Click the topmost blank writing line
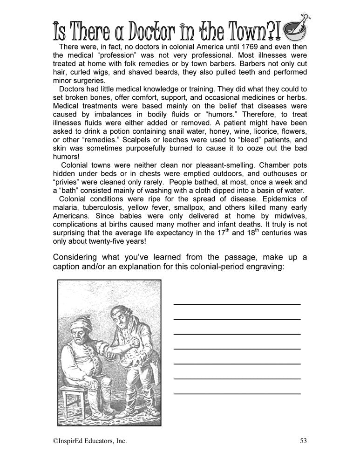click(x=237, y=304)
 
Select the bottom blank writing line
click(x=237, y=394)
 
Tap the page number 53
click(x=304, y=440)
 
